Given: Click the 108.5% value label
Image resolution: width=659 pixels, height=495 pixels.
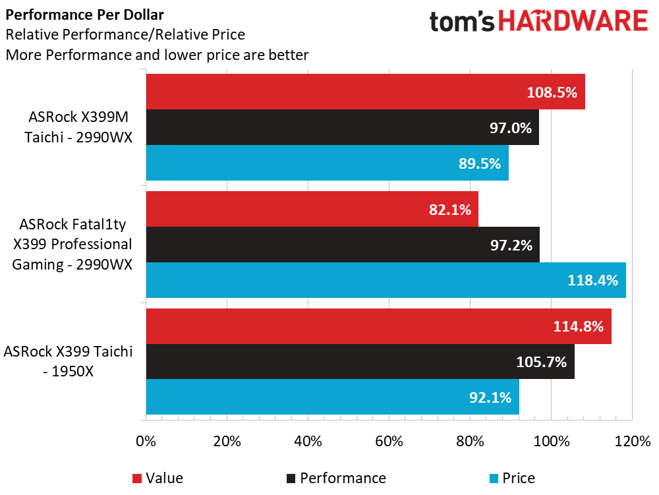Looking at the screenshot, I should tap(552, 92).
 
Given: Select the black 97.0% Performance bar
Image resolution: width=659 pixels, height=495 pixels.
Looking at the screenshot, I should tap(342, 127).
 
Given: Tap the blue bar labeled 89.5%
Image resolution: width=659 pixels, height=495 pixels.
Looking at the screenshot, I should tap(327, 163).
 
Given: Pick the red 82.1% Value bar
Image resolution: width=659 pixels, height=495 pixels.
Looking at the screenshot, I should tap(312, 210).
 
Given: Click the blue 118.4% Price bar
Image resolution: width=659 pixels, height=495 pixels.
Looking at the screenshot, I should tap(386, 280).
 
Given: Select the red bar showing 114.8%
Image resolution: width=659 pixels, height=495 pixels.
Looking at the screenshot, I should tap(378, 326).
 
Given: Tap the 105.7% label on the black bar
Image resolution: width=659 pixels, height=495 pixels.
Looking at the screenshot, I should tap(542, 362).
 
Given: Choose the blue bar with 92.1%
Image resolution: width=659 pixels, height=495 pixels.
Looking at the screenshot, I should tap(332, 397).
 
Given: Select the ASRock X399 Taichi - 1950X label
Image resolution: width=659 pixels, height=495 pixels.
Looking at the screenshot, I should tap(69, 361).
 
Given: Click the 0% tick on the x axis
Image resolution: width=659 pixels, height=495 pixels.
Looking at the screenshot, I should tap(146, 441).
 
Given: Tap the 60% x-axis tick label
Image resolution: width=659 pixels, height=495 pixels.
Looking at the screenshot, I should tap(389, 441).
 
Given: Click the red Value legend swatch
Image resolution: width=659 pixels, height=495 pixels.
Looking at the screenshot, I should tap(137, 478).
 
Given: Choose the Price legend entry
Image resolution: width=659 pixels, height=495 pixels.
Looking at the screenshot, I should tap(518, 478).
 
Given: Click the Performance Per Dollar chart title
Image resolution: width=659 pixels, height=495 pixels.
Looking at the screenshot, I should tap(85, 15).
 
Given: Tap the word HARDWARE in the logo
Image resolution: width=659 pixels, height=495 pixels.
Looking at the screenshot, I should tap(573, 22).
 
